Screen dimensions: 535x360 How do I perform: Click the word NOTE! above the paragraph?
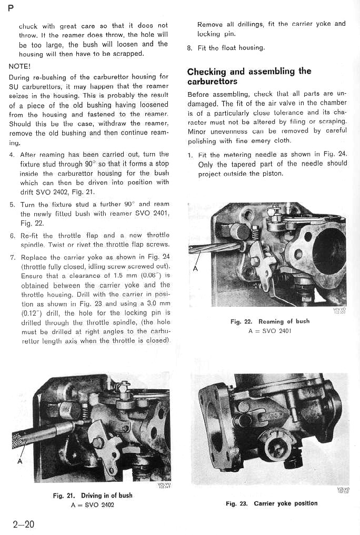point(19,66)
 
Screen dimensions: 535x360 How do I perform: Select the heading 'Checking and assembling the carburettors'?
point(249,76)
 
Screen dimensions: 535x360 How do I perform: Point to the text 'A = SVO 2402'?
point(92,505)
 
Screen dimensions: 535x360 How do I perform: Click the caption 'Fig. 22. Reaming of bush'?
point(269,321)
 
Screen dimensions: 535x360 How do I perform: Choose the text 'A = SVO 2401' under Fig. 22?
point(269,331)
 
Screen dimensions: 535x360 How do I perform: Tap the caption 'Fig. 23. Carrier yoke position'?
point(271,503)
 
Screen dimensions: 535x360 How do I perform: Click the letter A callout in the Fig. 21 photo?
point(20,461)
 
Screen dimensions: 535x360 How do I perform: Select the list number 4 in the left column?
point(12,155)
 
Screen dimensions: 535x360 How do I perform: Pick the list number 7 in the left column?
point(12,257)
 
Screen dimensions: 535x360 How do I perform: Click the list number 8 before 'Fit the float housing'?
point(189,48)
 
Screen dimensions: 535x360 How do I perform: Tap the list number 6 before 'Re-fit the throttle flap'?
point(12,236)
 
